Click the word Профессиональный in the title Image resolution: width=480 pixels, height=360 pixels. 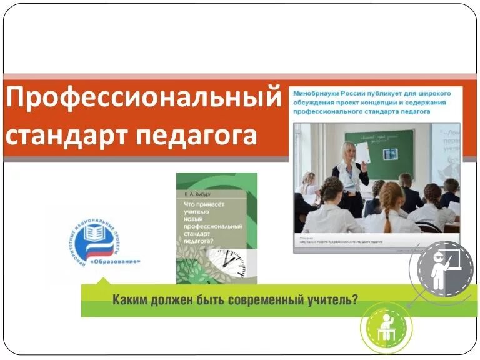point(143,99)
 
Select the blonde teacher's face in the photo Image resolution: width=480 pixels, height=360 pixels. point(347,151)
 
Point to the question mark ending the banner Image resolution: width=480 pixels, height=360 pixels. point(355,299)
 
